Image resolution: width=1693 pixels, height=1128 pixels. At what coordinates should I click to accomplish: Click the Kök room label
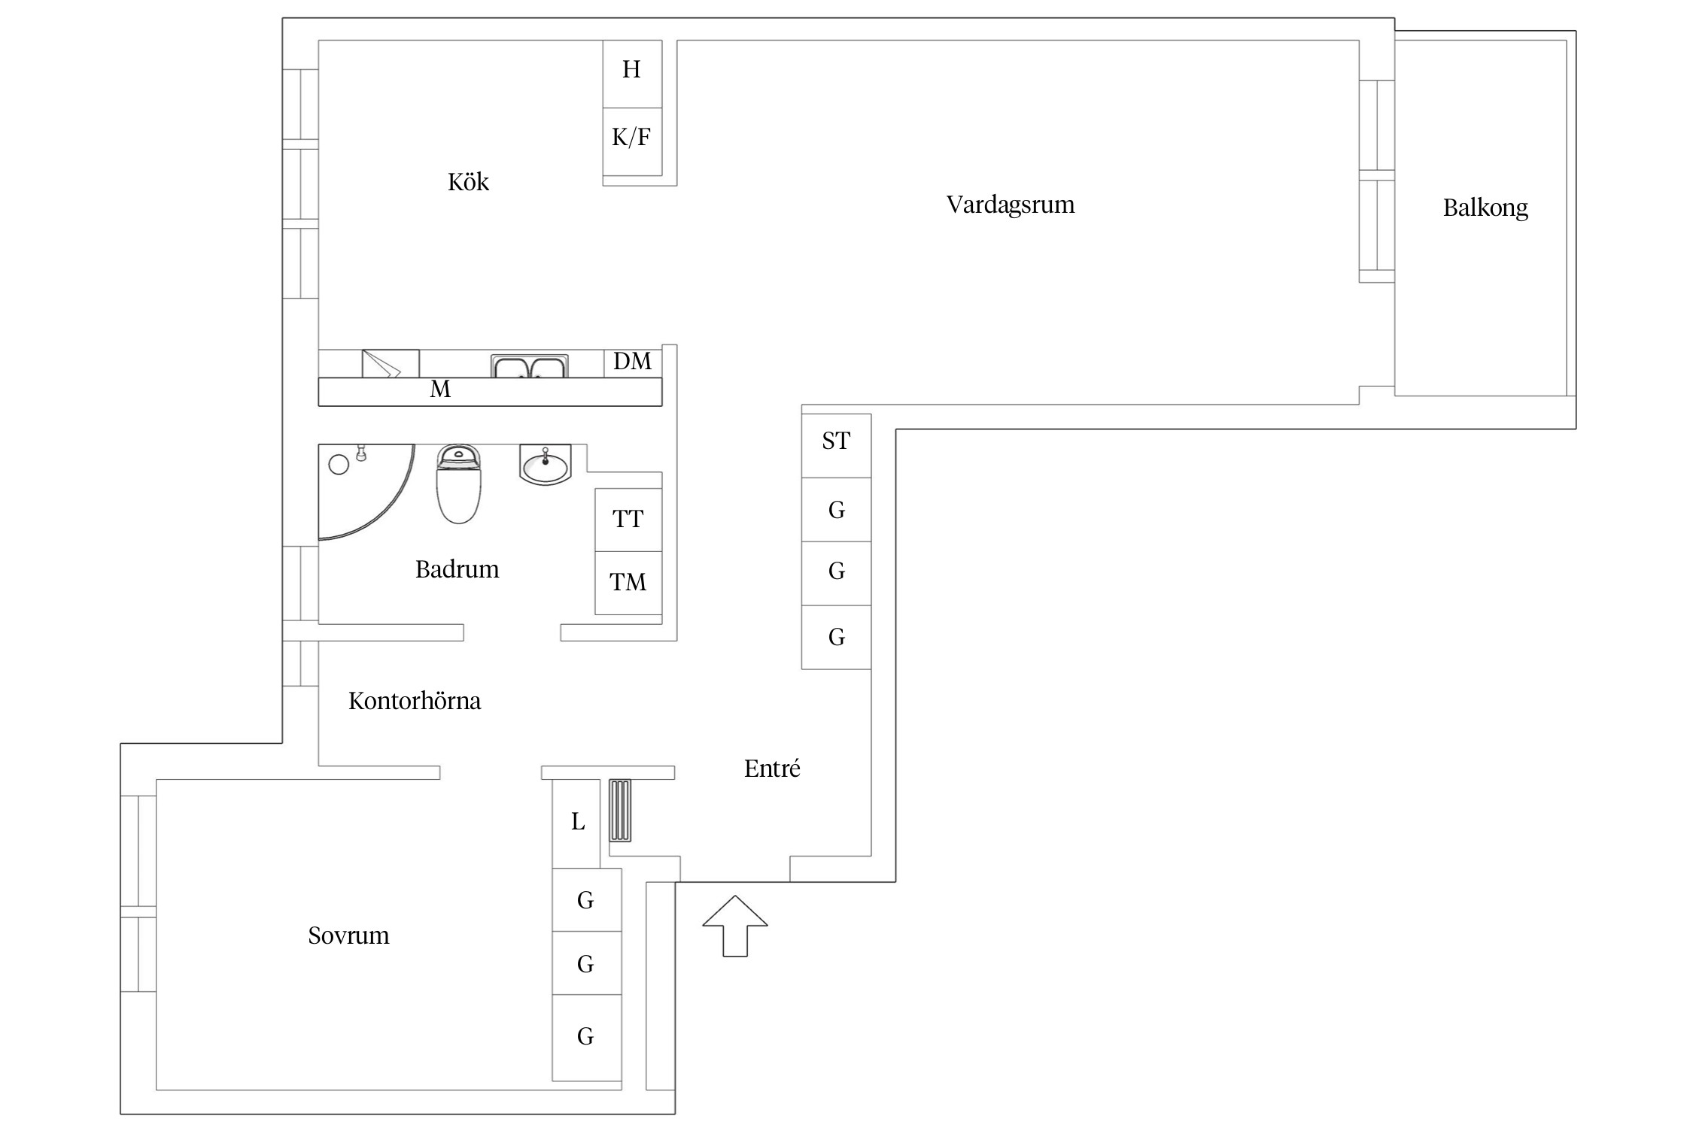coord(468,181)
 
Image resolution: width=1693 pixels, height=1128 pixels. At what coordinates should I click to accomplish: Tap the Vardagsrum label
coord(1011,205)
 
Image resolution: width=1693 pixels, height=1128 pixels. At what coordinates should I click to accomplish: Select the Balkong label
coord(1485,208)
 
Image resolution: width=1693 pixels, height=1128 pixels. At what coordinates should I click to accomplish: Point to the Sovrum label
coord(348,935)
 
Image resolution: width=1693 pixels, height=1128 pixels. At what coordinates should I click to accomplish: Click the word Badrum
coord(457,569)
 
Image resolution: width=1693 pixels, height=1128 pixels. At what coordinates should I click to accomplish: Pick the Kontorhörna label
coord(415,701)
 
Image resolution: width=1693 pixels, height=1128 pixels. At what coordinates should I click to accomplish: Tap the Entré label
coord(772,768)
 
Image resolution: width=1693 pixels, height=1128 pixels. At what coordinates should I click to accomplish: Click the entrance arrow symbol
coord(735,926)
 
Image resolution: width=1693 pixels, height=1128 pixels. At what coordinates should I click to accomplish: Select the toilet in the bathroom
coord(458,484)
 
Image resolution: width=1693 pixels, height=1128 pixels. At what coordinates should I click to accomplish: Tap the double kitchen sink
coord(530,366)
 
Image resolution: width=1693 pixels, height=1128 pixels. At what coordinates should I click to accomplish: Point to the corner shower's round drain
coord(339,465)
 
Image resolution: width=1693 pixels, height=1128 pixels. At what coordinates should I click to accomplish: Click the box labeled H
coord(632,74)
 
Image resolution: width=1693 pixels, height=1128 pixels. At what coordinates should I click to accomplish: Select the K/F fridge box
coord(632,142)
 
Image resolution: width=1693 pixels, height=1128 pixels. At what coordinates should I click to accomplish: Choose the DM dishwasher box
coord(633,362)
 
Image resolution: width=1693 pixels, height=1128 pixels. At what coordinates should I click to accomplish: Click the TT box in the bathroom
coord(628,520)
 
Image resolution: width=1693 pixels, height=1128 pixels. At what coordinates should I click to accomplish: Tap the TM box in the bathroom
coord(628,583)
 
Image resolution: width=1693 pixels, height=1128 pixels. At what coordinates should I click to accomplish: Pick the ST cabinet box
coord(836,445)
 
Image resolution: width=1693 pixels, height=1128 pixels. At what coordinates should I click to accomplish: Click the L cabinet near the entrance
coord(576,823)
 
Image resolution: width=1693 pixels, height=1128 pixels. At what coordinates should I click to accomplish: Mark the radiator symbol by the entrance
coord(620,810)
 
